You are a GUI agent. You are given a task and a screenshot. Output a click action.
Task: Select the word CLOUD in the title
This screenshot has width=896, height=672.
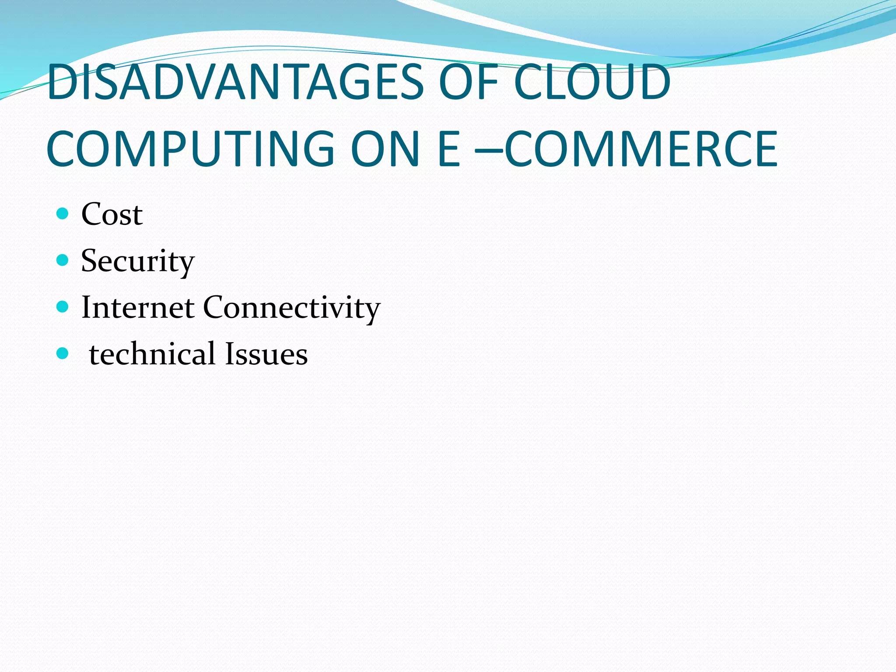(592, 82)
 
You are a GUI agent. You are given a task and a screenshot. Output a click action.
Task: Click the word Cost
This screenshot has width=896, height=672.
(112, 214)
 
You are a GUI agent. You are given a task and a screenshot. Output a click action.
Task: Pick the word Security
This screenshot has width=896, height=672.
(137, 261)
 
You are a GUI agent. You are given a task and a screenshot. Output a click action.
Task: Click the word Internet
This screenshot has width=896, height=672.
(138, 307)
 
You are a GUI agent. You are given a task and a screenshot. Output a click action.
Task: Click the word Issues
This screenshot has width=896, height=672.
(266, 353)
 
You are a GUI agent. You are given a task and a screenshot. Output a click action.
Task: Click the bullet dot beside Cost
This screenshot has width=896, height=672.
(63, 213)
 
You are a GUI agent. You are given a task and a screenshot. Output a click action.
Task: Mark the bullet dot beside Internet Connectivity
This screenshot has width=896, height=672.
(63, 307)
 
